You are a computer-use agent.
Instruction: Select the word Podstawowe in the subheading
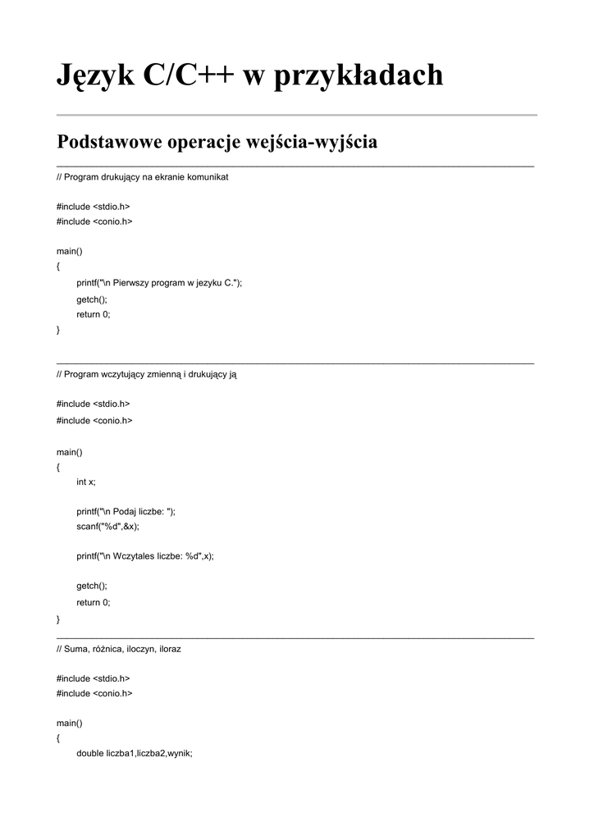(109, 142)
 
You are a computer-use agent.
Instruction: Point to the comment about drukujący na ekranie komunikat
(142, 176)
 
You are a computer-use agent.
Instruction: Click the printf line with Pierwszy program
(159, 283)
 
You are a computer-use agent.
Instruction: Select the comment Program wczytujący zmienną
(147, 374)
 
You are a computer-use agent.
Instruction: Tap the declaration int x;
(86, 482)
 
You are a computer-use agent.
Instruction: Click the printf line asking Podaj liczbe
(126, 511)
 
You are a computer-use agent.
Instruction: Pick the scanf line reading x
(107, 527)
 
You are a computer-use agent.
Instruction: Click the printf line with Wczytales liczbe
(144, 556)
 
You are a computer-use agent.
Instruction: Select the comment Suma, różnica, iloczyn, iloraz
(119, 648)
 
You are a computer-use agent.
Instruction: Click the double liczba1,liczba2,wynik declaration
(135, 753)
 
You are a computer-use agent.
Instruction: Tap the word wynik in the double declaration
(178, 753)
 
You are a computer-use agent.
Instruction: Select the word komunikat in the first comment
(208, 176)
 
